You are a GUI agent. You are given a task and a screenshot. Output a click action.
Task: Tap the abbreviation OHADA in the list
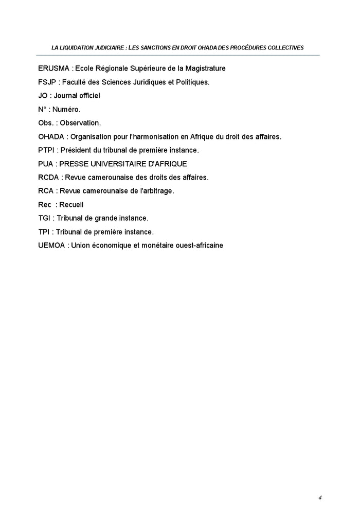coord(50,137)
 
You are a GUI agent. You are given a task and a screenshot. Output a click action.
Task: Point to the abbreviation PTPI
coord(46,150)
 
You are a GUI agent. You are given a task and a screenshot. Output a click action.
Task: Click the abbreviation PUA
coord(45,164)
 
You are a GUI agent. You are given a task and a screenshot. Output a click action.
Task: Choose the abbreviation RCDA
coord(48,178)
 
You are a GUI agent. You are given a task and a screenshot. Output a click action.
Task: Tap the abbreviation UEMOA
coord(51,246)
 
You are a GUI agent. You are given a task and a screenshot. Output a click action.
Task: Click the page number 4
coord(319,498)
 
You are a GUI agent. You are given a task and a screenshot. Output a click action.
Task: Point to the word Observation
coord(80,123)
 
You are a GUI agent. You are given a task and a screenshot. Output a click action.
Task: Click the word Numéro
coord(66,110)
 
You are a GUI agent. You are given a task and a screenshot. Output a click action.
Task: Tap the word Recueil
coord(71,205)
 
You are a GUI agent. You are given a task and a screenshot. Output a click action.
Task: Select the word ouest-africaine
coord(199,246)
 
